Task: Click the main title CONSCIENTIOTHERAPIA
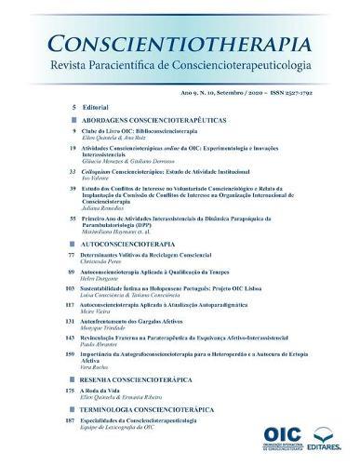pos(180,44)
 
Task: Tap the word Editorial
pos(96,108)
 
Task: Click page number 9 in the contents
pos(72,132)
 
